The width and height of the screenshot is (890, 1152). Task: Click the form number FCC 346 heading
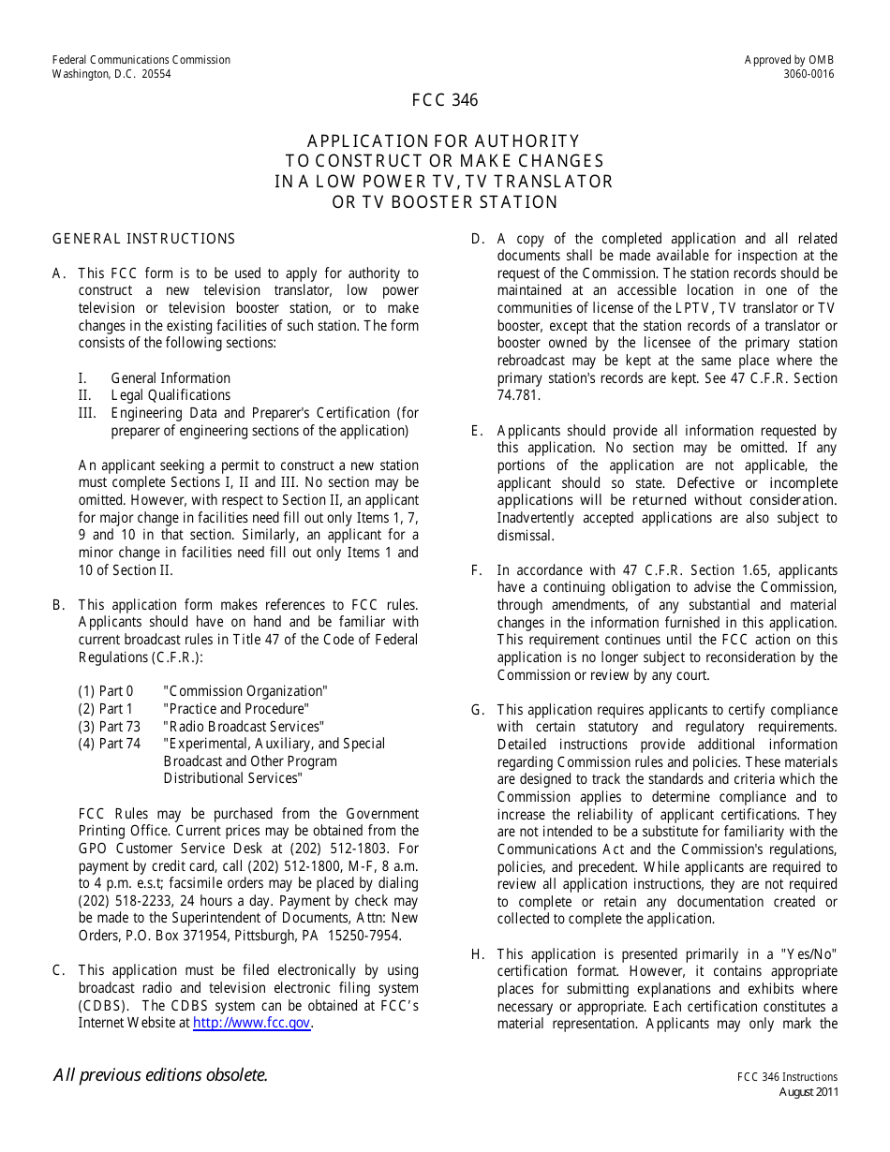click(444, 100)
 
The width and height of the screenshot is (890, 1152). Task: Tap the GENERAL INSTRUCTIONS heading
click(143, 239)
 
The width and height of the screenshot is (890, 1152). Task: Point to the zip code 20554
click(156, 75)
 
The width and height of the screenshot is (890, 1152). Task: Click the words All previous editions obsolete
click(160, 1075)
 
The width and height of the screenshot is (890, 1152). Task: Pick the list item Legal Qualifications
click(171, 395)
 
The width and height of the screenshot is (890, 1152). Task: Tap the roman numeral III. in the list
click(88, 413)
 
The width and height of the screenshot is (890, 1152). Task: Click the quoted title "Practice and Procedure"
click(235, 709)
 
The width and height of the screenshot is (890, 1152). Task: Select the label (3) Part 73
click(109, 727)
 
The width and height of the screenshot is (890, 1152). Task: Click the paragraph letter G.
click(477, 710)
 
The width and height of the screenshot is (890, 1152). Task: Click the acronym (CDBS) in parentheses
click(103, 1006)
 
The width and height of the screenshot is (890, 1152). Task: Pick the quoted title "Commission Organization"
click(245, 691)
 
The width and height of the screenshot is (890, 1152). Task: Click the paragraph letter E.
click(477, 431)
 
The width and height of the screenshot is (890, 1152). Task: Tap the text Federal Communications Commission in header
click(141, 60)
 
